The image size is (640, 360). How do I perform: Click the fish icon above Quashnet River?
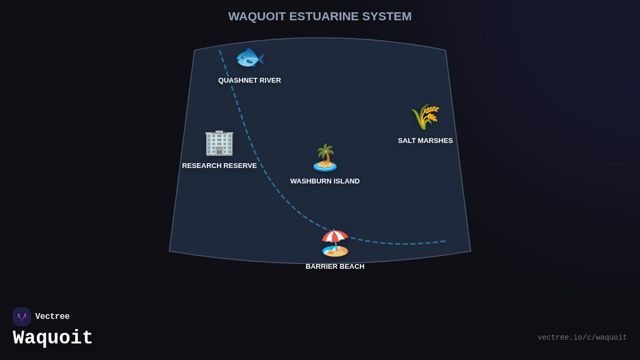click(249, 58)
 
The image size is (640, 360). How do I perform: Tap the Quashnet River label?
click(250, 81)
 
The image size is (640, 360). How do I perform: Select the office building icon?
click(219, 142)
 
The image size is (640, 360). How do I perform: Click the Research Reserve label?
click(219, 166)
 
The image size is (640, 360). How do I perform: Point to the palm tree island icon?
click(325, 158)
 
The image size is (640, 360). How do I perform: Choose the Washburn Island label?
click(325, 181)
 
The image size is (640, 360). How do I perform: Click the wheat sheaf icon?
click(425, 117)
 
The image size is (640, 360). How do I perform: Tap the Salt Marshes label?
click(425, 141)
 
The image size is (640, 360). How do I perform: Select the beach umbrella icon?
click(335, 243)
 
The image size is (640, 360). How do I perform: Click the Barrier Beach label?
click(335, 267)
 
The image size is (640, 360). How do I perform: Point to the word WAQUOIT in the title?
click(257, 17)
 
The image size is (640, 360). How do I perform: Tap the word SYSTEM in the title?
click(387, 17)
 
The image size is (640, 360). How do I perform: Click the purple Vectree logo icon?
click(22, 317)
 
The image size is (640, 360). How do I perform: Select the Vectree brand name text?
click(52, 317)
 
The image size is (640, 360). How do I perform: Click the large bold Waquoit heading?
click(53, 338)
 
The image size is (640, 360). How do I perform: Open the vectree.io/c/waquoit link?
click(582, 338)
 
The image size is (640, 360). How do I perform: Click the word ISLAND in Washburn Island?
click(347, 181)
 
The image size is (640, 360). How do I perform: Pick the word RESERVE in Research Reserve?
click(240, 166)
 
